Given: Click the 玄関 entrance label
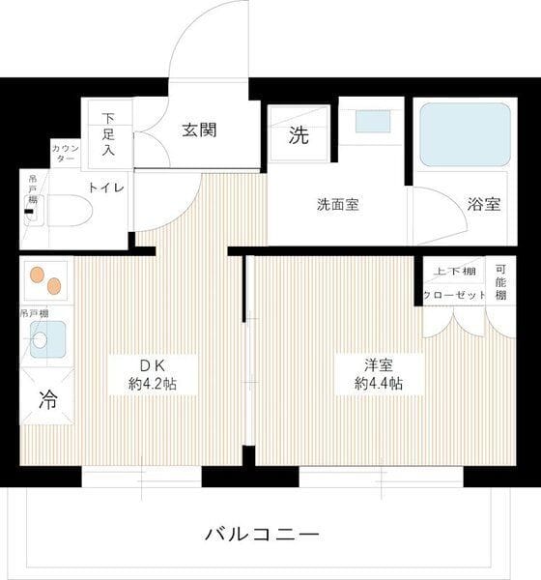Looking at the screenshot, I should click(200, 130).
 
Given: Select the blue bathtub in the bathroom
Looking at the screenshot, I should click(464, 133).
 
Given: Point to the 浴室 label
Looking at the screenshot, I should click(484, 205).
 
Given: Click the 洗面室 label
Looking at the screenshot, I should click(338, 205).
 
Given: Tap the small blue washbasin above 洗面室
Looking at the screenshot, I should click(372, 122).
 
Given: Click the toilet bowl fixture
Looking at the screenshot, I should click(69, 210).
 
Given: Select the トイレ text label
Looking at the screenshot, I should click(105, 188).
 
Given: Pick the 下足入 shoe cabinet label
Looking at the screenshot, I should click(108, 132).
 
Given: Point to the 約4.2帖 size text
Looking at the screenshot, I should click(155, 384).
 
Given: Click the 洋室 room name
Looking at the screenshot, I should click(379, 364).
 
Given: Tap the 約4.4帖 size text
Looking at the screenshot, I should click(379, 384).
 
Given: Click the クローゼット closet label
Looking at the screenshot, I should click(452, 295).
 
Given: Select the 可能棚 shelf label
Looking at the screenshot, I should click(499, 282).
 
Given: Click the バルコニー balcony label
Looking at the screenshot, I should click(261, 533).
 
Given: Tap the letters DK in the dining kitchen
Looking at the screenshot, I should click(155, 364).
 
